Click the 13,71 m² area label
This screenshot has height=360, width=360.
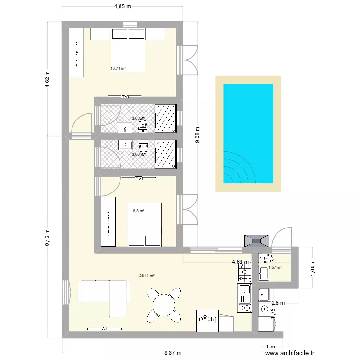[118, 69]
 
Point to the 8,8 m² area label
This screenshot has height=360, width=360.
[139, 210]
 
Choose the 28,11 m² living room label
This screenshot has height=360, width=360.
[146, 276]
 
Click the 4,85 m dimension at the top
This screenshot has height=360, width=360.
[122, 6]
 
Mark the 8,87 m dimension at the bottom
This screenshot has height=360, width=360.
[172, 353]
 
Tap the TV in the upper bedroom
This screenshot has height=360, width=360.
[125, 96]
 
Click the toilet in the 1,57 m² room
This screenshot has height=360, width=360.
[264, 258]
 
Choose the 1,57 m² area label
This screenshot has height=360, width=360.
[275, 268]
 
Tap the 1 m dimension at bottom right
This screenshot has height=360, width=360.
[270, 347]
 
